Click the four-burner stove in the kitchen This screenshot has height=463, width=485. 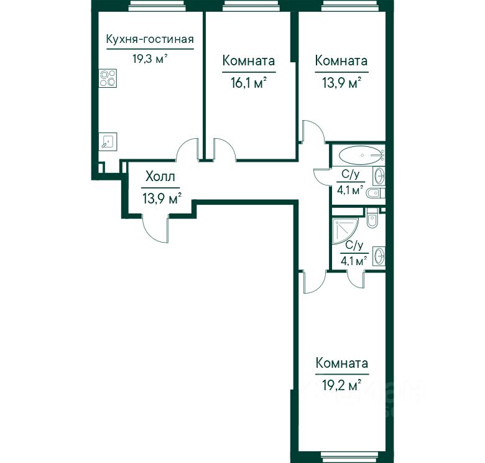tap(108, 78)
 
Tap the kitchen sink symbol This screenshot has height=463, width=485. tap(108, 142)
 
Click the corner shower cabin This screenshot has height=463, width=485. tap(345, 231)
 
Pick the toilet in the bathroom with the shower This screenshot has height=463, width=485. tap(372, 218)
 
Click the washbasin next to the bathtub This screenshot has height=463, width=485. tap(379, 175)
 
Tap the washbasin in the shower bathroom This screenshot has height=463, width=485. tap(379, 256)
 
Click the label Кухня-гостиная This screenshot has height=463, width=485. tap(150, 40)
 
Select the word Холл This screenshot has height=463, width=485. tap(160, 177)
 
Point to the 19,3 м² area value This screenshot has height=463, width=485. tap(150, 58)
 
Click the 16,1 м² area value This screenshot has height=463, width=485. tap(249, 83)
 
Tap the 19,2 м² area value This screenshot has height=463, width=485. tap(342, 386)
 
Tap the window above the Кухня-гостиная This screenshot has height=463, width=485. tap(157, 6)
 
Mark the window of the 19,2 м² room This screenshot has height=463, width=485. tap(351, 457)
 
